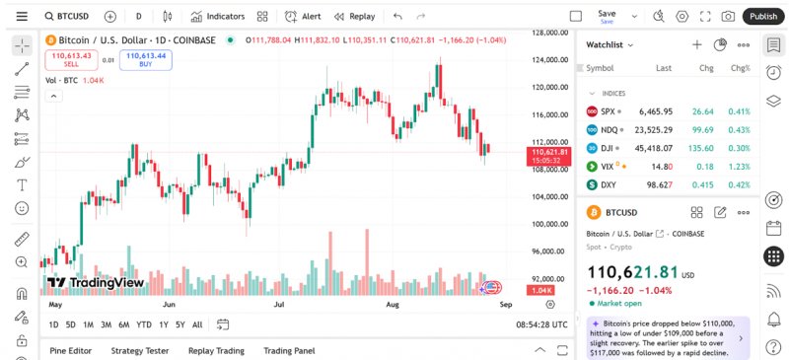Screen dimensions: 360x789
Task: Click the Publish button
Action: pos(762,16)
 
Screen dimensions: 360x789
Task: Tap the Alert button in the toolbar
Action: pos(303,16)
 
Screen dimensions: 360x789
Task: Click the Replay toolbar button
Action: pos(355,16)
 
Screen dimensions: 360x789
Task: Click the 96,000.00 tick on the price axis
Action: pos(549,252)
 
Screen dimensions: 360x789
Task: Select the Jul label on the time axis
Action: pos(278,306)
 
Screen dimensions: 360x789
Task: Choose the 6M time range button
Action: pos(124,324)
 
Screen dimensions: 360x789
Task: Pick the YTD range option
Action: pos(144,324)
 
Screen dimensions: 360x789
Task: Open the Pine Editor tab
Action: pos(70,350)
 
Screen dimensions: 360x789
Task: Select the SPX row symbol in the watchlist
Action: pos(608,111)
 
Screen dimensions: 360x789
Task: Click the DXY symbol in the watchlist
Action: pos(609,184)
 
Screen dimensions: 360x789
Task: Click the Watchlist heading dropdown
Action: pos(610,44)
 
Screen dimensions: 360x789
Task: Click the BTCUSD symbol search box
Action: pos(67,16)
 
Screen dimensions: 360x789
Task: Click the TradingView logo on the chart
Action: pos(96,283)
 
